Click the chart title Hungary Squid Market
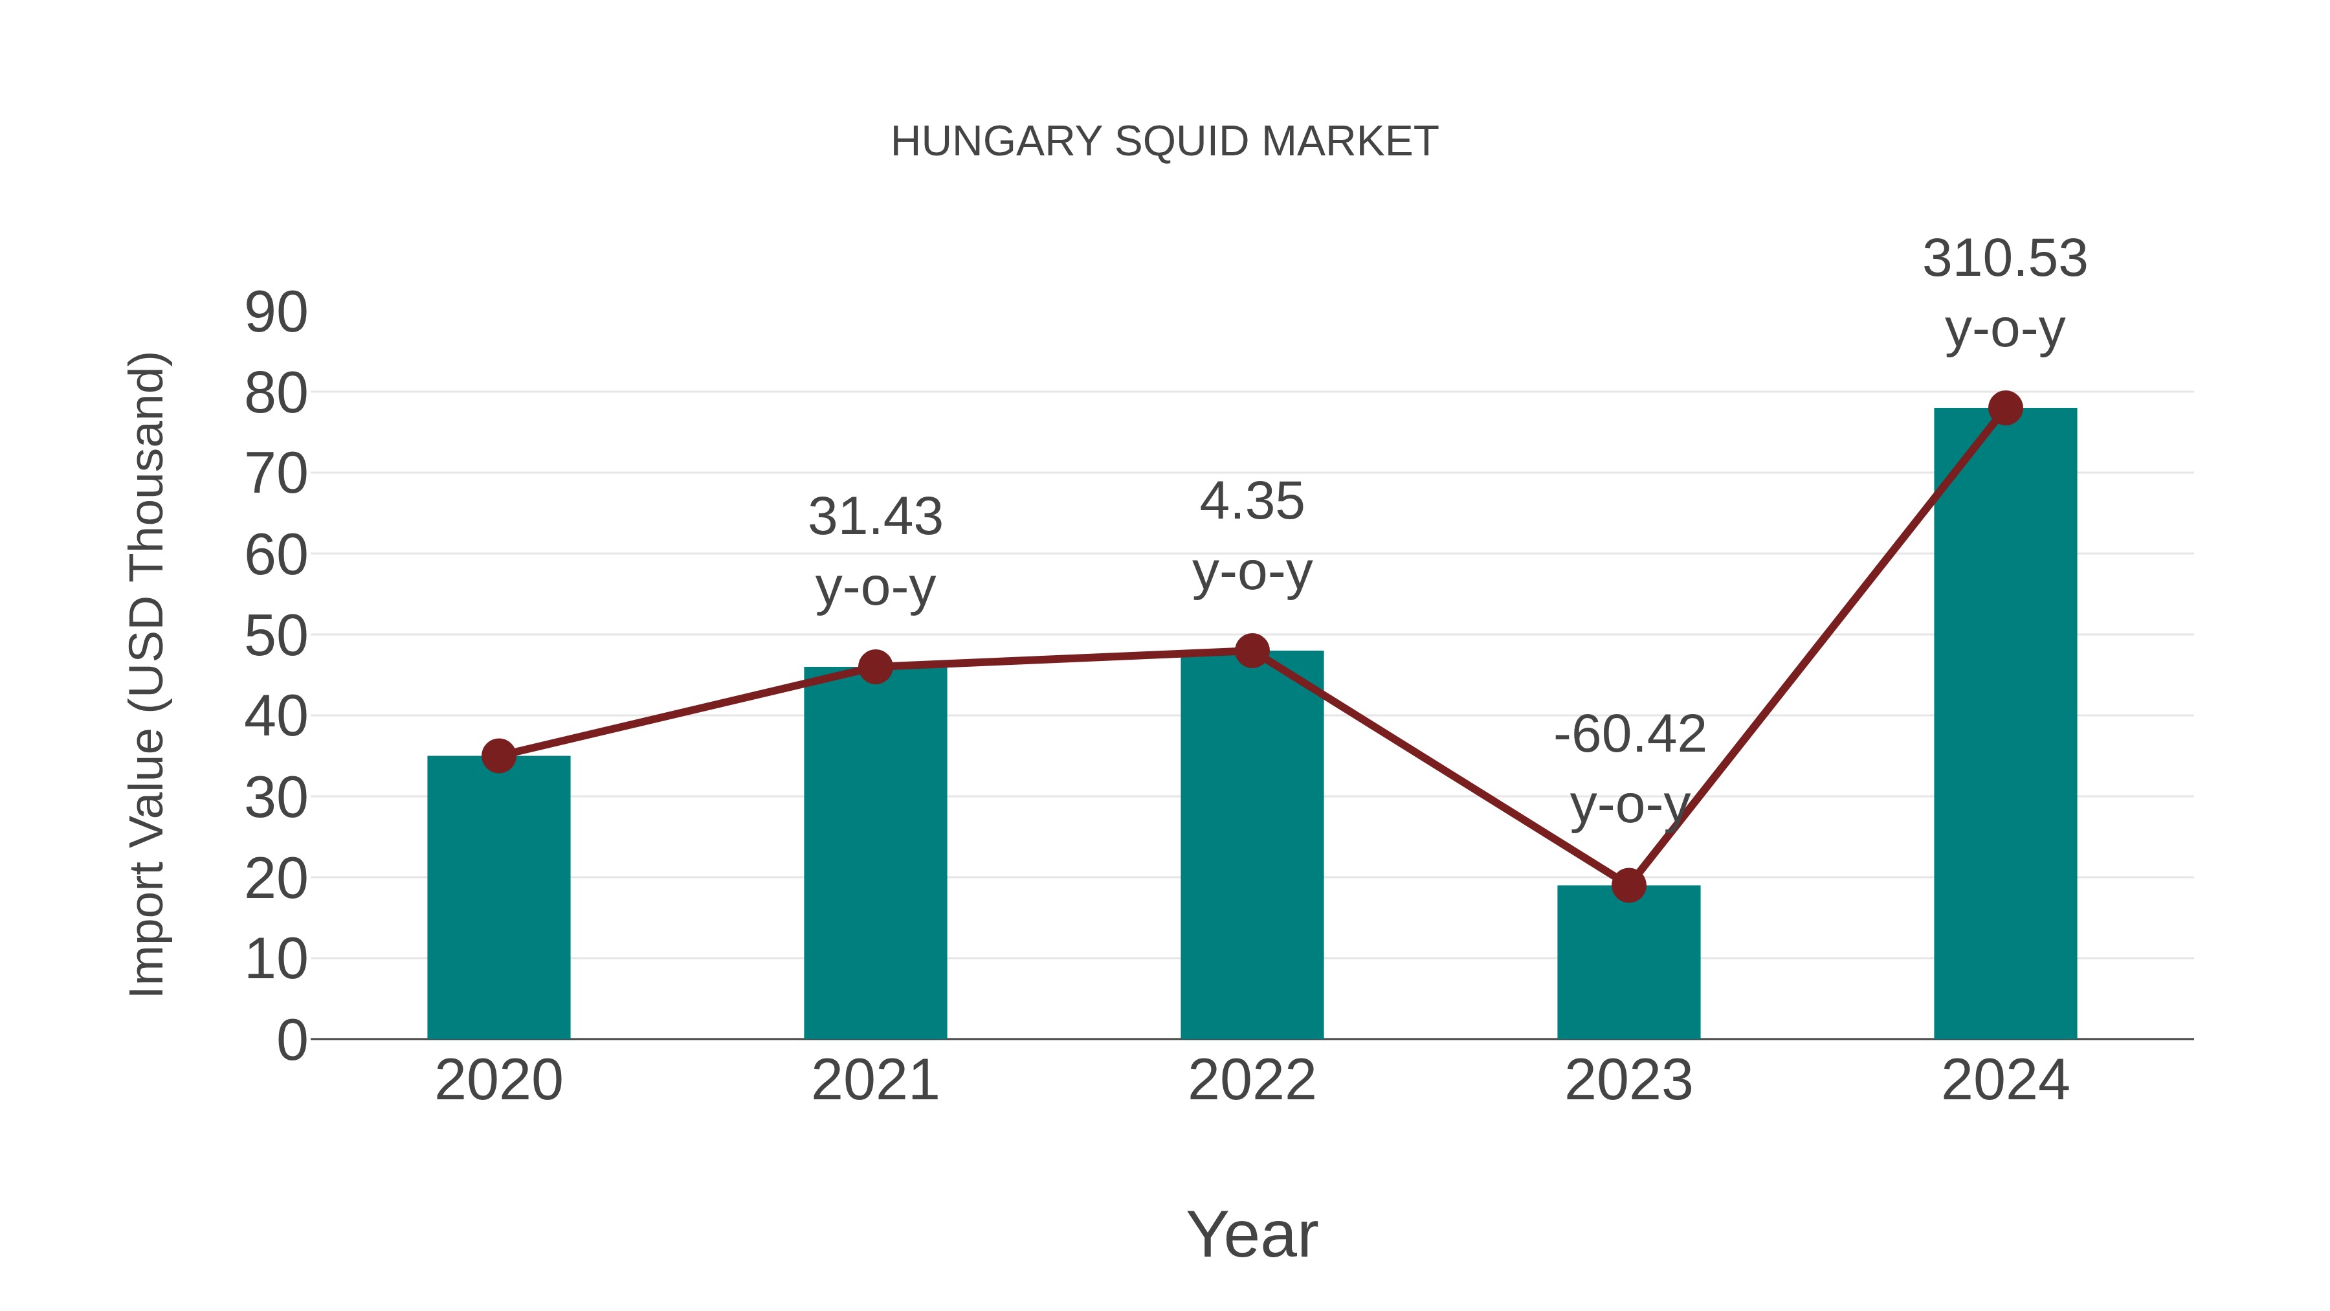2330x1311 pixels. (1164, 142)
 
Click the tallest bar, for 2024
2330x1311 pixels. (2005, 724)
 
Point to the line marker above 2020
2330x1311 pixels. (498, 756)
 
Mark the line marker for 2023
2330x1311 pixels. (1628, 885)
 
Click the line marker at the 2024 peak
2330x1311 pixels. (2005, 408)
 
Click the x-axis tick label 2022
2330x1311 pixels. (1252, 1081)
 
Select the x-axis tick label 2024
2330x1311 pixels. (2005, 1081)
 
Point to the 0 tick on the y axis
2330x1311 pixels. (291, 1040)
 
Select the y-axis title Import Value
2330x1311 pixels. (146, 674)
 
